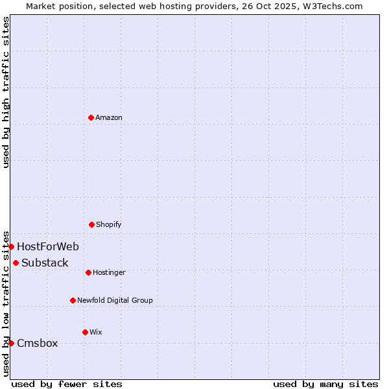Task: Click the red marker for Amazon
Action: click(91, 117)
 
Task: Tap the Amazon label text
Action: click(108, 117)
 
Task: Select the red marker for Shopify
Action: click(91, 224)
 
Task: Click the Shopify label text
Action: click(108, 224)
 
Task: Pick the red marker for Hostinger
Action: click(88, 272)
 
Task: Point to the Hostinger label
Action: click(109, 272)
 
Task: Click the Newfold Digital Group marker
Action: click(73, 300)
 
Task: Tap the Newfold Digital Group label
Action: click(115, 300)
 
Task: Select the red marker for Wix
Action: click(85, 332)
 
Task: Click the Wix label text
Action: click(95, 332)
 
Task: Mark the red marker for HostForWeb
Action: click(11, 246)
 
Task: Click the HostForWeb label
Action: click(48, 246)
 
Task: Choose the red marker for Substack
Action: click(16, 263)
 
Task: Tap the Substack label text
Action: click(45, 263)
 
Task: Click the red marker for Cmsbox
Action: click(11, 343)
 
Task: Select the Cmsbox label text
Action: click(38, 343)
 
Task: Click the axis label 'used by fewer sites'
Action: click(67, 384)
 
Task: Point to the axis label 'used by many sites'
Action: click(325, 384)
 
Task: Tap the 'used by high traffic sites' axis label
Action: click(6, 92)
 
